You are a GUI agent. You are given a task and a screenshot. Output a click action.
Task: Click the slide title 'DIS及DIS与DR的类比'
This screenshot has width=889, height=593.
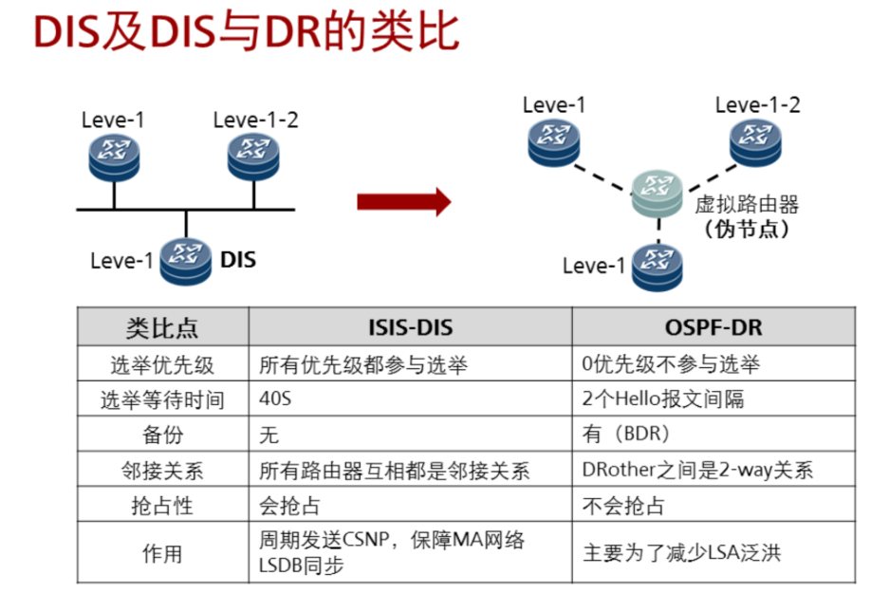tap(246, 32)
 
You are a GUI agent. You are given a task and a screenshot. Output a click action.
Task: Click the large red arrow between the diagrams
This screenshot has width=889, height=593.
tap(403, 201)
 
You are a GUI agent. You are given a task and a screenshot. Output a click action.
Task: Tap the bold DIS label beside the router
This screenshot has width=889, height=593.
tap(238, 260)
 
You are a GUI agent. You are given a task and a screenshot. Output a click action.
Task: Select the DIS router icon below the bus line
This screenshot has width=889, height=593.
tap(185, 261)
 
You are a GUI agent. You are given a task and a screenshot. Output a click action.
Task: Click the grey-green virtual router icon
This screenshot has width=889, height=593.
tap(657, 194)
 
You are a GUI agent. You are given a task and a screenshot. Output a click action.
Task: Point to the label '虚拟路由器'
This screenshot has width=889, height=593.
tap(747, 204)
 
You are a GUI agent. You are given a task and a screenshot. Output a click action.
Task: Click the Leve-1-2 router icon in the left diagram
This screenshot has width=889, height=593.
tap(253, 158)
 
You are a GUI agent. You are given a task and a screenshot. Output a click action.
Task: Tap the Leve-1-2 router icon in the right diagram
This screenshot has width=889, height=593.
tap(755, 143)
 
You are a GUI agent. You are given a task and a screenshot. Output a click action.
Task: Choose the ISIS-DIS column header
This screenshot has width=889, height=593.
tap(411, 327)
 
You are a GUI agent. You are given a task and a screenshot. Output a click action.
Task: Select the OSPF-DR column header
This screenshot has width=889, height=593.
tap(713, 327)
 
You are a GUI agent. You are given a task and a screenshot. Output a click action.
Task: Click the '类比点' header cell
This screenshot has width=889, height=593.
tap(163, 327)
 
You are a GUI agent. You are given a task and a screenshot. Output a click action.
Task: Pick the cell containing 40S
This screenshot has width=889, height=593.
tap(411, 398)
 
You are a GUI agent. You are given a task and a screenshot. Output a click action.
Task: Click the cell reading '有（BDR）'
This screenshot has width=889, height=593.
tap(713, 434)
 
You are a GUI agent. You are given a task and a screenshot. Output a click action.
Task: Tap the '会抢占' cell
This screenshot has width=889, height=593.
tap(411, 504)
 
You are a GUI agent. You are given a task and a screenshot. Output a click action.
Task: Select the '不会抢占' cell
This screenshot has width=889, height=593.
tap(713, 504)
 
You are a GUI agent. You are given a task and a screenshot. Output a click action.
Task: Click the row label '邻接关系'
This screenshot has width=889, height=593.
tap(163, 470)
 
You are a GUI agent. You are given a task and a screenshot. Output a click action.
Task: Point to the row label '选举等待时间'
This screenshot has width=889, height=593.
tap(163, 399)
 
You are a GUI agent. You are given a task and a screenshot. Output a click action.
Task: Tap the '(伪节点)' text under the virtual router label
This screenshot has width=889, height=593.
tap(747, 229)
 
